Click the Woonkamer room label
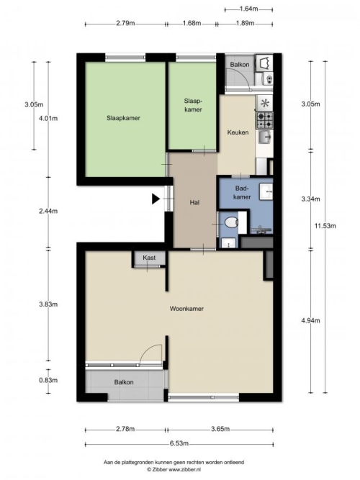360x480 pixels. click(186, 309)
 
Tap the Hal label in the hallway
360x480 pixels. click(194, 202)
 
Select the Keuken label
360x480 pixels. click(238, 132)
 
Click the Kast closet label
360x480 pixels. click(149, 258)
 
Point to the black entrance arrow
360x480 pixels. click(156, 199)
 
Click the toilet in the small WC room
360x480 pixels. click(231, 222)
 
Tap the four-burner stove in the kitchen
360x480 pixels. click(265, 120)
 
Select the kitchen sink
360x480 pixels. click(264, 137)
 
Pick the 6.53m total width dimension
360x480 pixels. click(179, 443)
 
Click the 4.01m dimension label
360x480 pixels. click(48, 119)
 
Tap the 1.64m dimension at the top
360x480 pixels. click(249, 9)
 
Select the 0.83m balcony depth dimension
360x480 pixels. click(48, 380)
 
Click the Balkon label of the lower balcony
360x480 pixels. click(124, 382)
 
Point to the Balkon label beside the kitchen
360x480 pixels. click(240, 65)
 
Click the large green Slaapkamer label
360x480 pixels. click(123, 118)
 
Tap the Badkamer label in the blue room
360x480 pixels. click(242, 193)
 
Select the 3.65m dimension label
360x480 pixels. click(220, 429)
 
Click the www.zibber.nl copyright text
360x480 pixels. click(174, 469)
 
